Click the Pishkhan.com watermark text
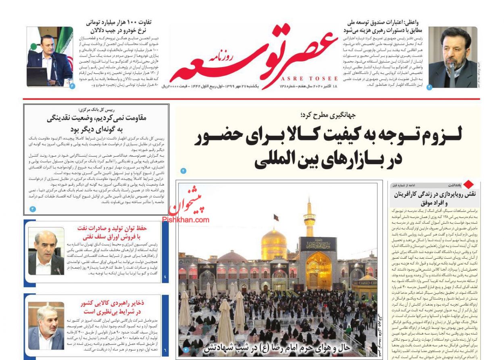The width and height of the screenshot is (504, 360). pos(186,220)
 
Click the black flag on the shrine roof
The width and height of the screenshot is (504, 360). pos(276,218)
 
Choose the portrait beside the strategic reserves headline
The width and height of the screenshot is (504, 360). pos(46,326)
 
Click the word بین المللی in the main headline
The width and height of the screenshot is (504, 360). pos(290,159)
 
